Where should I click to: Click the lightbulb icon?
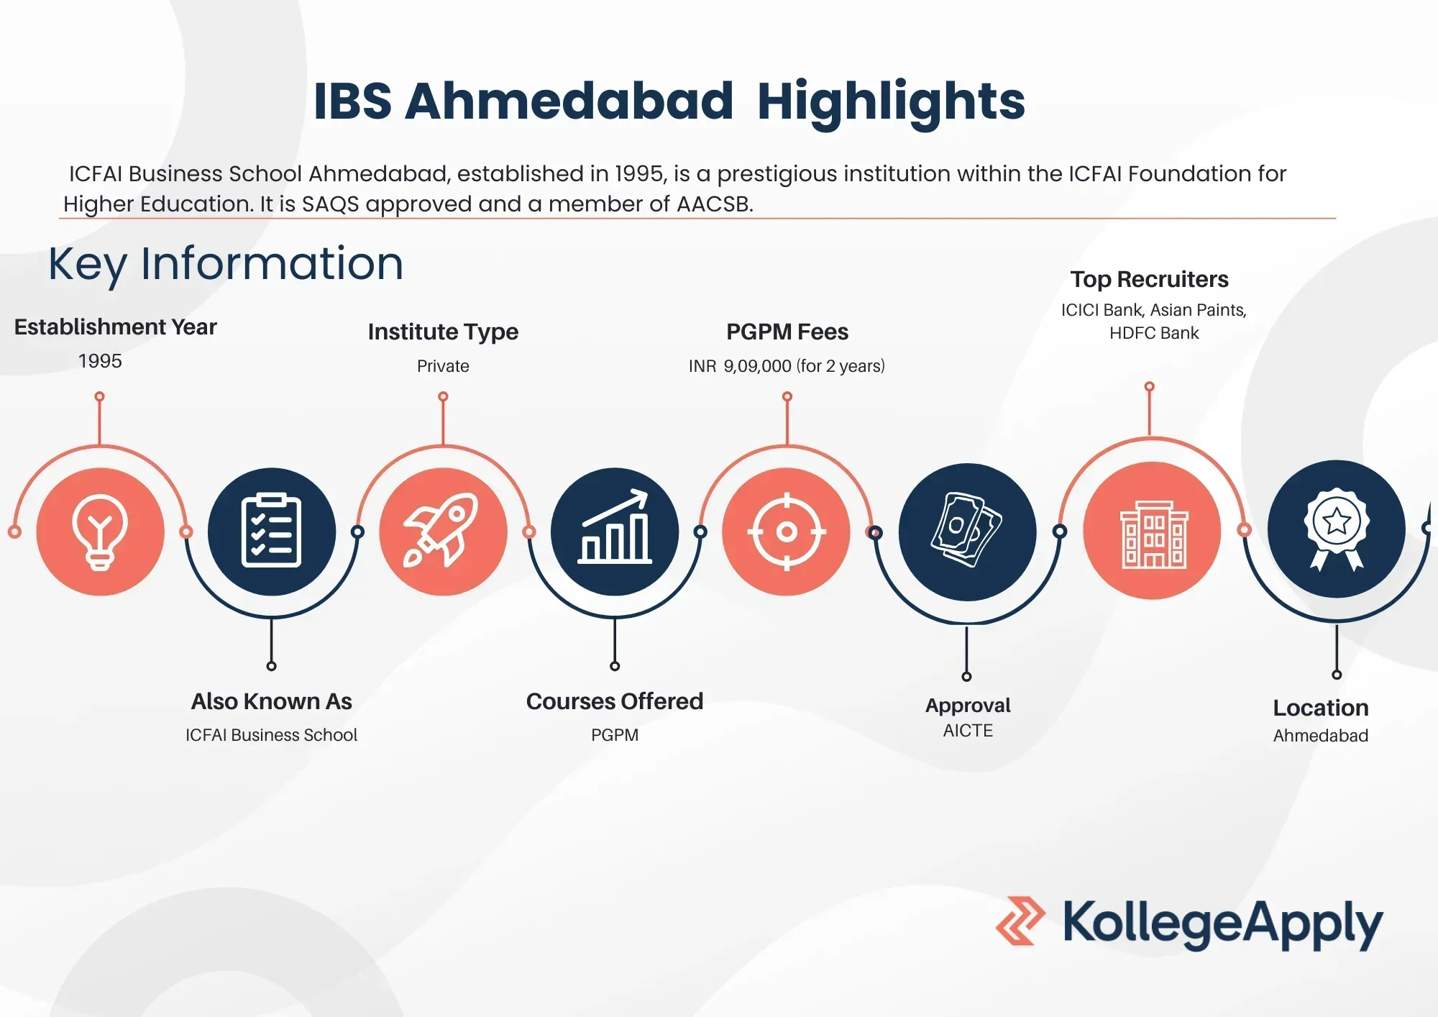tap(100, 532)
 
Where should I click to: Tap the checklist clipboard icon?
tap(271, 531)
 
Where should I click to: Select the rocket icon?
tap(441, 530)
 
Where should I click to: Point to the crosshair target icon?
tap(787, 532)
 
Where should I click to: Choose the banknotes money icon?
tap(967, 529)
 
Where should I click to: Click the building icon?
tap(1153, 534)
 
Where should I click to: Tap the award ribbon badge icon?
tap(1337, 529)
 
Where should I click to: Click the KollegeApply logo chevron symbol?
tap(1020, 921)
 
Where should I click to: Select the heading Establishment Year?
tap(116, 327)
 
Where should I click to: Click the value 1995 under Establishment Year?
tap(100, 361)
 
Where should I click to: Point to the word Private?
tap(443, 366)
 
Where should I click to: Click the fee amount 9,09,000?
tap(757, 366)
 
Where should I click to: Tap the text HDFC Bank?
tap(1154, 333)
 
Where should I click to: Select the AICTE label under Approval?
tap(968, 731)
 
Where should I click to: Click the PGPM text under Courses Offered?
tap(615, 735)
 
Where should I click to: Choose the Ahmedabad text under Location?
tap(1321, 736)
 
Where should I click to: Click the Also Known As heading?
tap(272, 701)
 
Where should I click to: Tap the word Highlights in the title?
tap(892, 101)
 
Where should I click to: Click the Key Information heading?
tap(226, 264)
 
